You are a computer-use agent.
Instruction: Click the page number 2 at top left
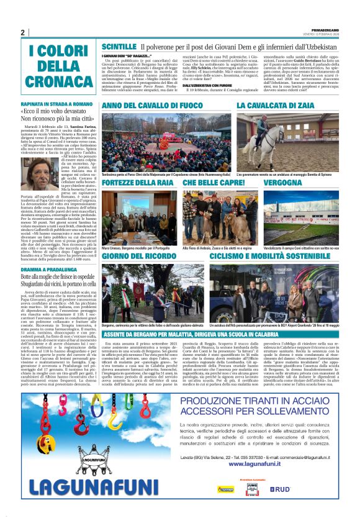point(23,33)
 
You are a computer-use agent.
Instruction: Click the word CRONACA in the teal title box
point(60,80)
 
